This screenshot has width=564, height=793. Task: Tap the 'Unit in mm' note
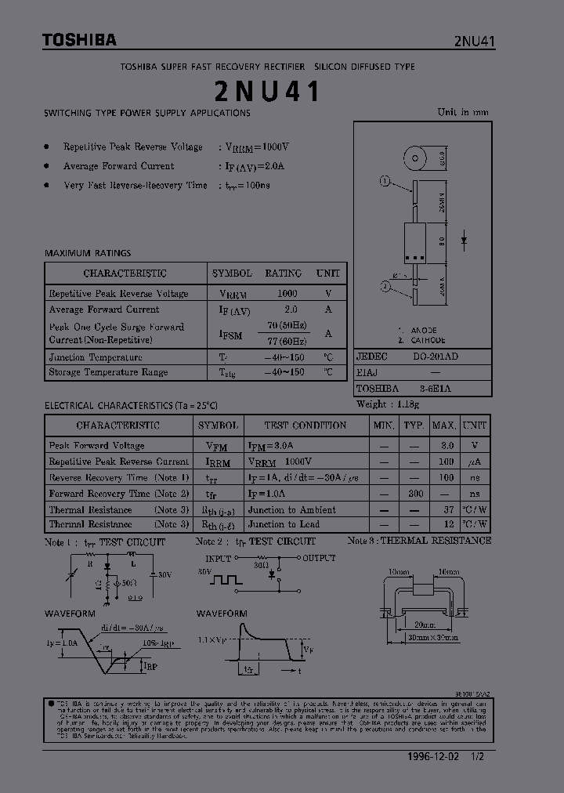pos(462,112)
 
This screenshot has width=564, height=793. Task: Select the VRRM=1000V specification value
pos(258,147)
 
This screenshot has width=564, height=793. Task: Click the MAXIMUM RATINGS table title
pos(88,253)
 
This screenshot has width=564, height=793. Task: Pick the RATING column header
pos(283,273)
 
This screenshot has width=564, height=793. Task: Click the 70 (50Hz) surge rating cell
pos(286,325)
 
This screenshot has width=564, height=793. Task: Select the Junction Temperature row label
pos(96,357)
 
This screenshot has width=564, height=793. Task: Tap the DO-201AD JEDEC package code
pos(436,356)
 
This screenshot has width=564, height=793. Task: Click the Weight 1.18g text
pos(388,404)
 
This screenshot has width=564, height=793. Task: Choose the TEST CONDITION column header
pos(305,425)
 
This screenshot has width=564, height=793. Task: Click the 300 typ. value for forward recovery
pos(415,494)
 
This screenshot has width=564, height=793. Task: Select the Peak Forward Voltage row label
pos(96,445)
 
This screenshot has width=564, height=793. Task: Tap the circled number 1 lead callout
pos(385,182)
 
